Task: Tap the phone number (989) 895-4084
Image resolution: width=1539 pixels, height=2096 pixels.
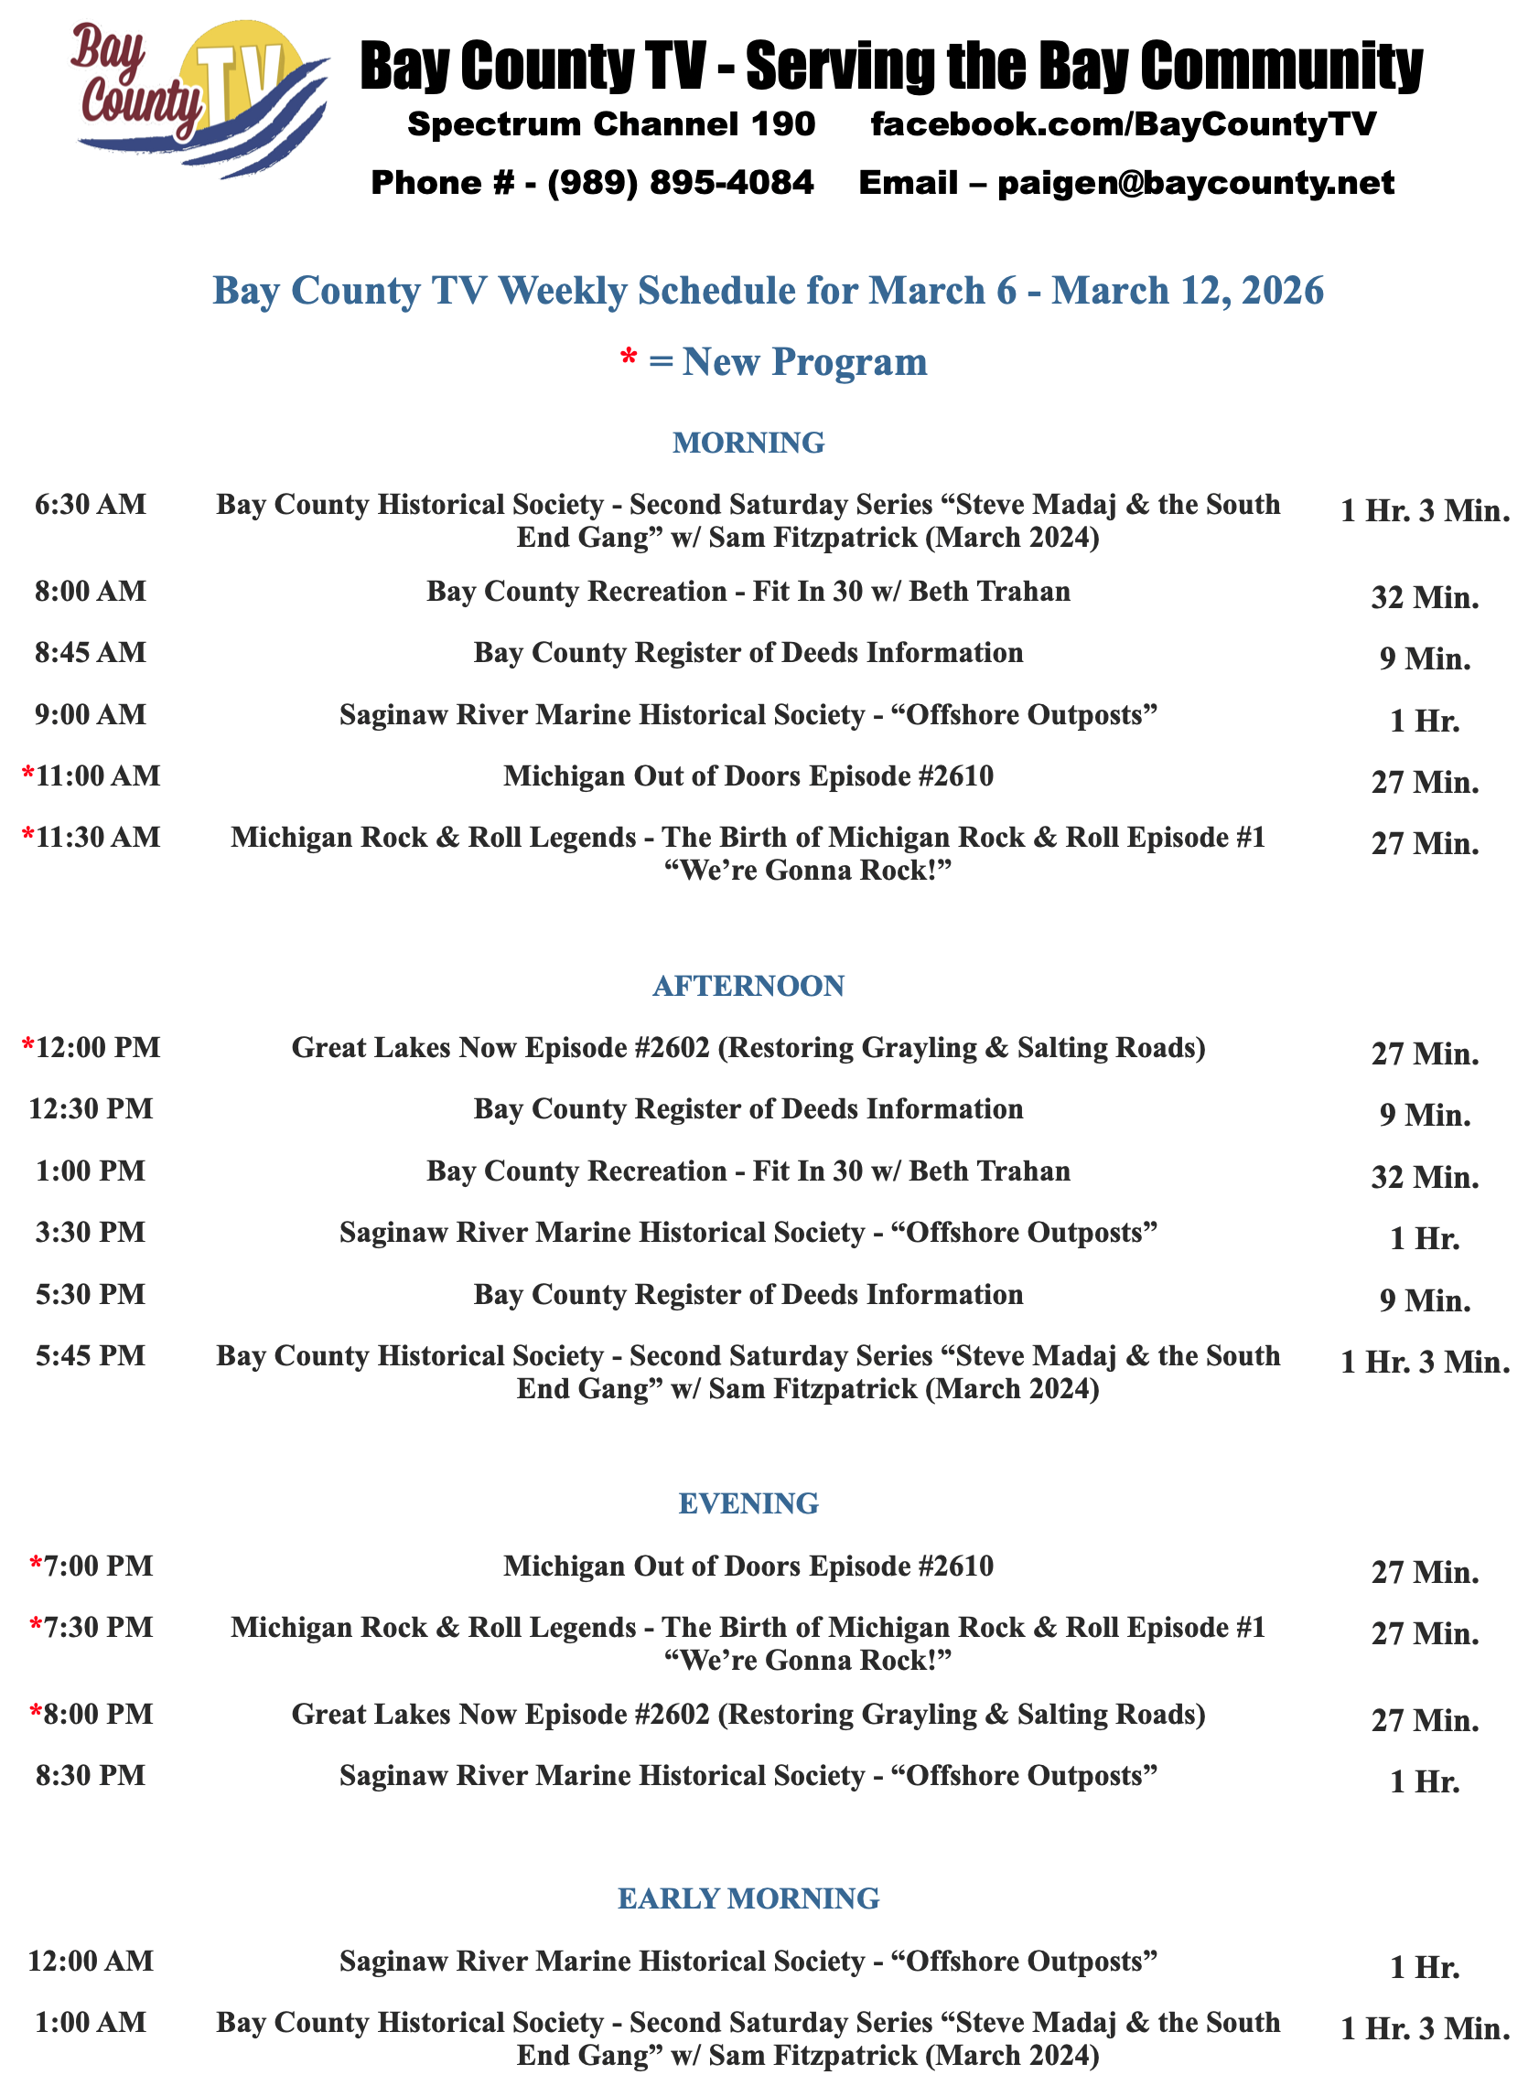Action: [x=680, y=183]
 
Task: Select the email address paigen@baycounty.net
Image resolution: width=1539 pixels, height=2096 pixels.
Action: [x=1195, y=183]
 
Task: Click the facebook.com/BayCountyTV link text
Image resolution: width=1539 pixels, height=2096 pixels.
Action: [x=1123, y=123]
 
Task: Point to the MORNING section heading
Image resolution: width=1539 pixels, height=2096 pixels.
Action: [x=748, y=443]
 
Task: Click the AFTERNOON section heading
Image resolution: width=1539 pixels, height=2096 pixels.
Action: [x=748, y=985]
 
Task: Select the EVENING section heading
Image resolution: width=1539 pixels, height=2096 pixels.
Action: [x=748, y=1502]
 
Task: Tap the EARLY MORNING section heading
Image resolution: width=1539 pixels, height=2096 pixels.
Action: [x=748, y=1898]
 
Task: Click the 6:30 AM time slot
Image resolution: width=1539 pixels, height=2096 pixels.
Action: [x=91, y=505]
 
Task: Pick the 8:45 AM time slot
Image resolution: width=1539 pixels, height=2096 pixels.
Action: [x=91, y=653]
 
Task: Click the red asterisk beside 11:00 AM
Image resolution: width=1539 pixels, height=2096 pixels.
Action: [x=29, y=774]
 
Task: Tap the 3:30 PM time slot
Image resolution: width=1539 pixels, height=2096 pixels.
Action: [x=91, y=1232]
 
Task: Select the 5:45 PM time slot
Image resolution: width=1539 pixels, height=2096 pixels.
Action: [x=91, y=1356]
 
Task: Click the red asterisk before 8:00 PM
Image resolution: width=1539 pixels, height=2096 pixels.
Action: [x=37, y=1711]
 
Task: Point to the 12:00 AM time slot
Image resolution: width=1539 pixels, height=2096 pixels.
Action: [x=91, y=1960]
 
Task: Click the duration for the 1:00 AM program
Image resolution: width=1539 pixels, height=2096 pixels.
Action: [x=1425, y=2029]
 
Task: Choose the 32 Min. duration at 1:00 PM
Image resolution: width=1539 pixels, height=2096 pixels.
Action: [x=1425, y=1178]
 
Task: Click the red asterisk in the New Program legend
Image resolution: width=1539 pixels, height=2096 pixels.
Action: [x=629, y=359]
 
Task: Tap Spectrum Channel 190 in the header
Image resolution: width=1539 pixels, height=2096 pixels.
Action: [x=611, y=123]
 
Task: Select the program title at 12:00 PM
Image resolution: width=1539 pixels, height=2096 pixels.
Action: [x=748, y=1047]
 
